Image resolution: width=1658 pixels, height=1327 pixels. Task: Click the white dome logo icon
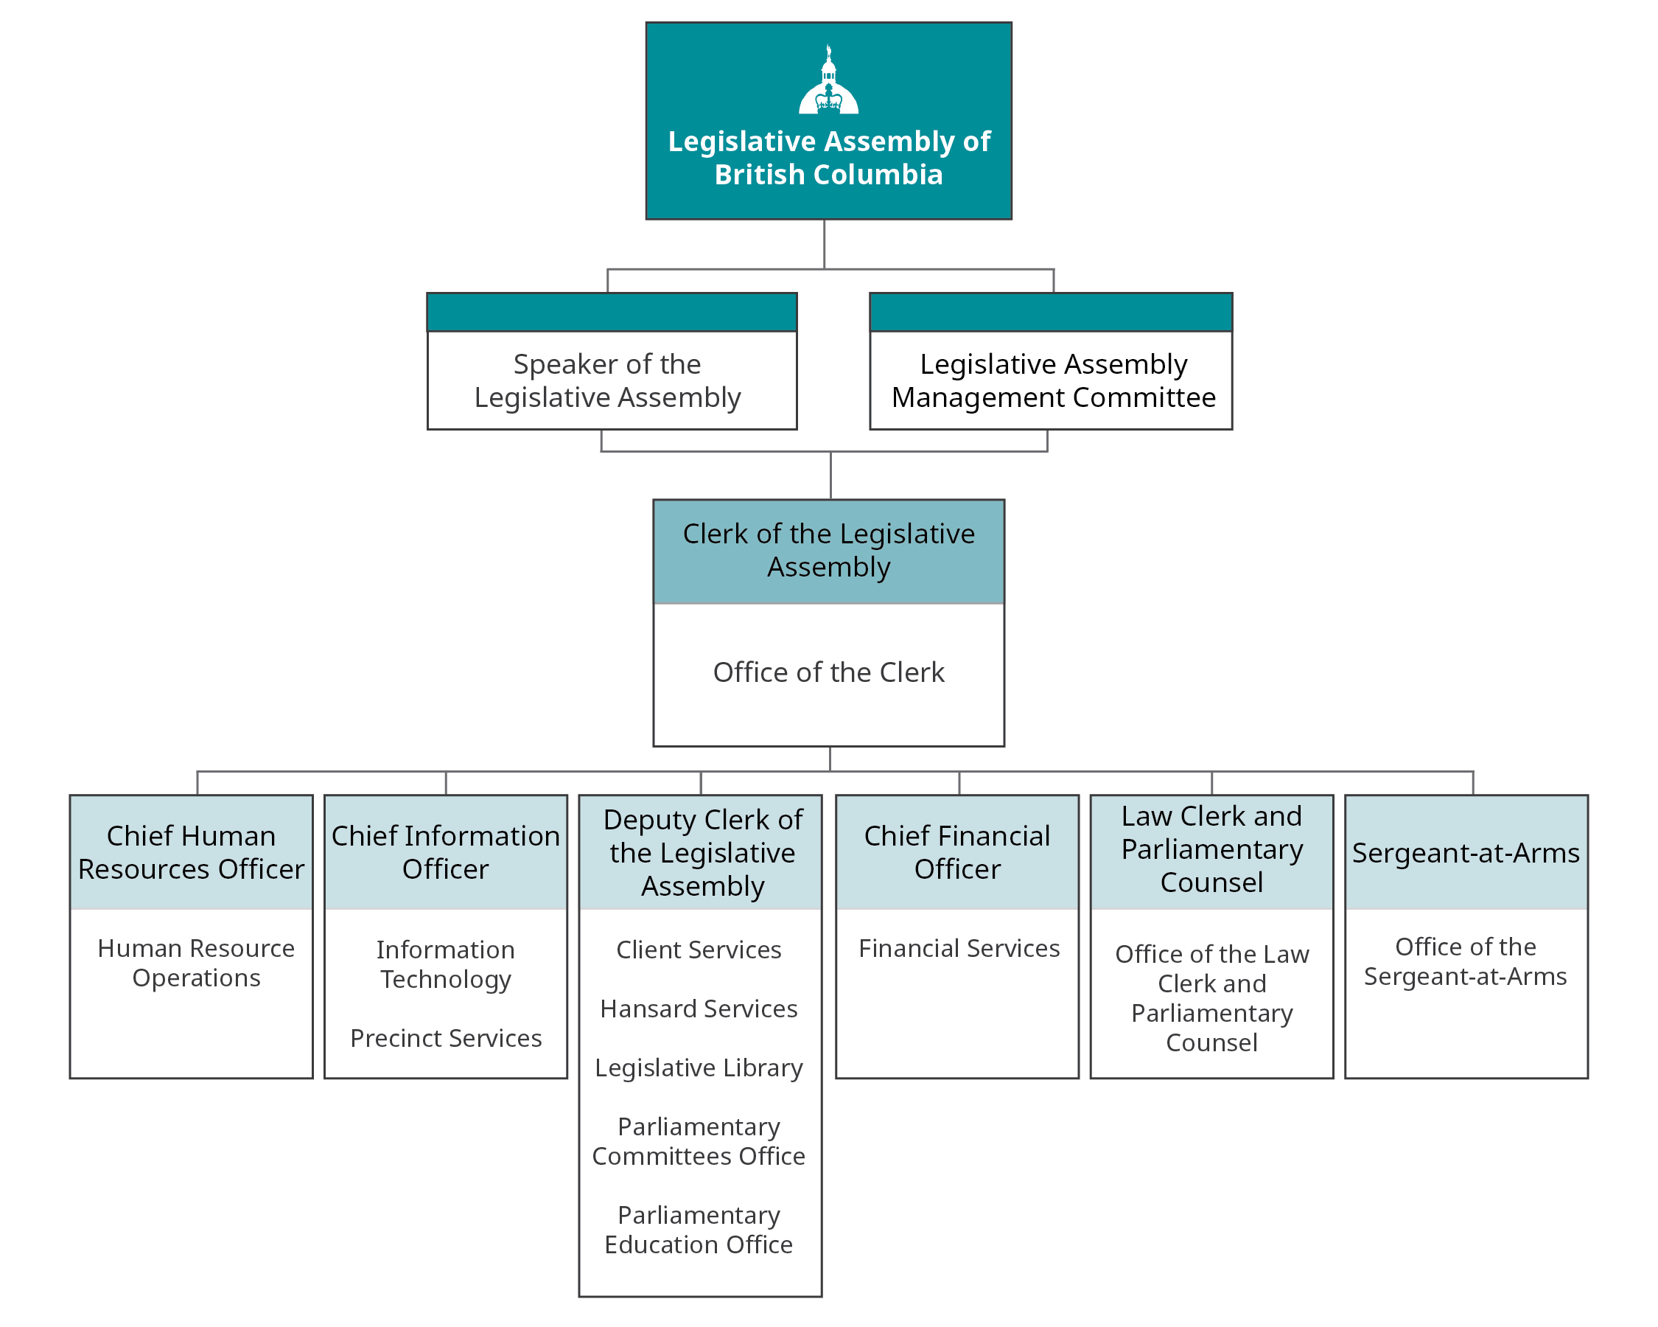(828, 81)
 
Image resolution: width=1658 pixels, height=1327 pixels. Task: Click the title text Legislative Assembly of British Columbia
(828, 158)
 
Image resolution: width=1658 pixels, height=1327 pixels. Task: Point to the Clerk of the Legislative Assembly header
(828, 550)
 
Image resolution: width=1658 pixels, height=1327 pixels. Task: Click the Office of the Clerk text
(828, 672)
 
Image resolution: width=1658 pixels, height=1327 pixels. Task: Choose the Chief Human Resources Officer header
(191, 852)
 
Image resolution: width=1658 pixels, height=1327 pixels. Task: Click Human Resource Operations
(196, 962)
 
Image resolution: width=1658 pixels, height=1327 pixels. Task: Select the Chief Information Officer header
(445, 852)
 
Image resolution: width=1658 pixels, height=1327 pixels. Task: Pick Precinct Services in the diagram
(445, 1038)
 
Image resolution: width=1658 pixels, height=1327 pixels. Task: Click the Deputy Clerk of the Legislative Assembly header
(702, 852)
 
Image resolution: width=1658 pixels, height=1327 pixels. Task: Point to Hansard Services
(699, 1009)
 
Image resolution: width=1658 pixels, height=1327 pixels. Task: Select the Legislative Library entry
(699, 1067)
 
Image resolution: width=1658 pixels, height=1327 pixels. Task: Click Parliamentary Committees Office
(699, 1142)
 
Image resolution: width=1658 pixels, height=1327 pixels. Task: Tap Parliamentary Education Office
(699, 1230)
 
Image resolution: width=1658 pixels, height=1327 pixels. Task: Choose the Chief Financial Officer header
(956, 852)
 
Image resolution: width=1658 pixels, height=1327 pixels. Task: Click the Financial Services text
(959, 949)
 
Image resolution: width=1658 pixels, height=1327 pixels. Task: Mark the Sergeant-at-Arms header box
(1466, 852)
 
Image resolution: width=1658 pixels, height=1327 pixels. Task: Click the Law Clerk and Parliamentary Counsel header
(1211, 849)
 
